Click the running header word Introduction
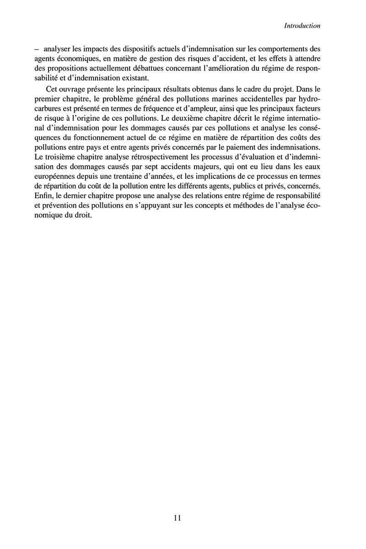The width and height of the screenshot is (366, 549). click(x=302, y=26)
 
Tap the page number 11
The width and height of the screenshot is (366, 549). click(x=178, y=518)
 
